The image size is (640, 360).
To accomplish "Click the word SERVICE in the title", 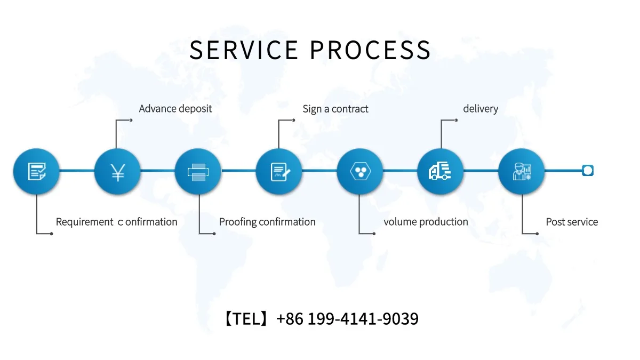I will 244,50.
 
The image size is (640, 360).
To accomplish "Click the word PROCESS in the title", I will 370,50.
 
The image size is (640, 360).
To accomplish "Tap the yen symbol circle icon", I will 117,171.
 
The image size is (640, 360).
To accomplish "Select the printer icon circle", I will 198,171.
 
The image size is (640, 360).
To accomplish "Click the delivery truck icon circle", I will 440,171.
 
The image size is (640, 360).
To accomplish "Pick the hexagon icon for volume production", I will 359,171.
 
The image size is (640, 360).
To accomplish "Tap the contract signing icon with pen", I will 279,171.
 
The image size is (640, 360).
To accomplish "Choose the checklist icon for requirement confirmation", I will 36,171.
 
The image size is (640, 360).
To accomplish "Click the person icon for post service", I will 521,171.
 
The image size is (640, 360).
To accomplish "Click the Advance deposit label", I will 175,109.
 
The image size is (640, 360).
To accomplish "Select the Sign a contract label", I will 335,109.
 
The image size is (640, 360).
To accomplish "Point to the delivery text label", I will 481,109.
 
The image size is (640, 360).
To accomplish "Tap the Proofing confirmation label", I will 267,222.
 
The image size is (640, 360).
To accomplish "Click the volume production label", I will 426,222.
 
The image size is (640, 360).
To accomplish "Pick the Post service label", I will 572,222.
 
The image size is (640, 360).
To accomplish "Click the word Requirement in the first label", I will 84,222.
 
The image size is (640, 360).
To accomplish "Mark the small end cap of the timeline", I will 587,171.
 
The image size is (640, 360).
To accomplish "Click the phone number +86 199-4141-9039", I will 347,319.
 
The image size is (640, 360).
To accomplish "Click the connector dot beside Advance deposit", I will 131,121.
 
